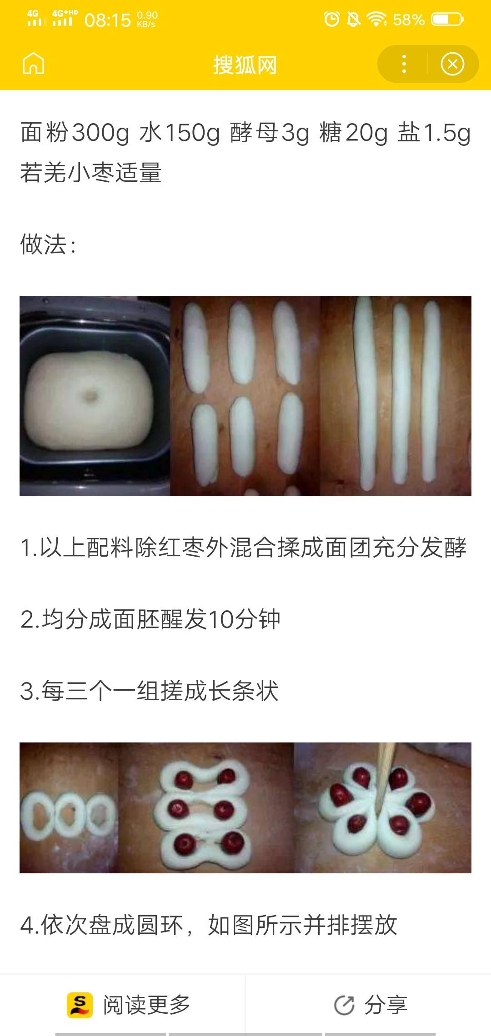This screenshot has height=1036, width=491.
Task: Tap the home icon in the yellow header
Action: [34, 63]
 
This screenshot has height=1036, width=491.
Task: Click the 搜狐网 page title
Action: [245, 64]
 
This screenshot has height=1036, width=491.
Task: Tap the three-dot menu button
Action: [404, 64]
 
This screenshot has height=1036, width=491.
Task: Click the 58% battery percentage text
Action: [409, 20]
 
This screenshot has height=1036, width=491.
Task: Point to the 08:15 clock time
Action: [108, 20]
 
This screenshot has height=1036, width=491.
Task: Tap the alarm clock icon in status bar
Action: [331, 19]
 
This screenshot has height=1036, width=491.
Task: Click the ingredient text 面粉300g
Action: [75, 133]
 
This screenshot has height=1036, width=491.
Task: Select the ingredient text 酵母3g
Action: [270, 133]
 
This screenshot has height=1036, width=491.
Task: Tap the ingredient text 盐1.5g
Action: [434, 133]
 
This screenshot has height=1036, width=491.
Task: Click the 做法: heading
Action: [48, 244]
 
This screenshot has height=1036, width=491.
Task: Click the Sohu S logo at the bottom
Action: [80, 1005]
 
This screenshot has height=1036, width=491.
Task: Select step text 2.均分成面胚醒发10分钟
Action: [150, 619]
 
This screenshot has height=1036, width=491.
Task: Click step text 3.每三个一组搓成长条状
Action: [150, 691]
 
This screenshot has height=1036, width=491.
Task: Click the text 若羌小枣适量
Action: [91, 173]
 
